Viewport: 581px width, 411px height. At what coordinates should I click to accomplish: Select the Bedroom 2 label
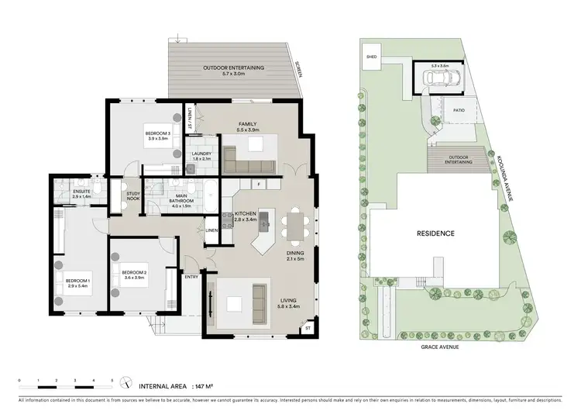pos(134,271)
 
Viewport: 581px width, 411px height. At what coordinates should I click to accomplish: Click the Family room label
pos(247,124)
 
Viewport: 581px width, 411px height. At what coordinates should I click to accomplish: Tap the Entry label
pos(191,276)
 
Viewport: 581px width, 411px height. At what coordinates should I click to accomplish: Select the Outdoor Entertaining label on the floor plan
pos(233,67)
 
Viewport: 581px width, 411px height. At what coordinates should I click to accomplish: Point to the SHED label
pos(371,57)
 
